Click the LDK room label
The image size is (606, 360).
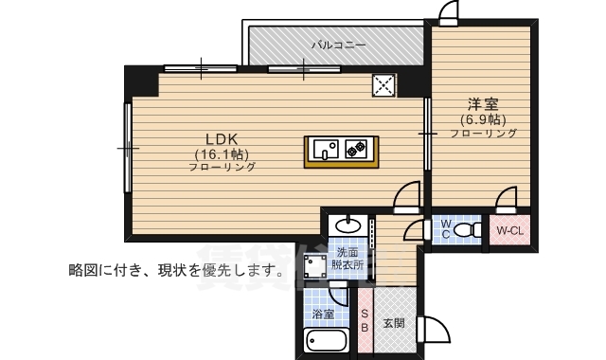pyautogui.click(x=221, y=139)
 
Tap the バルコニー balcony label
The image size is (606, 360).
pyautogui.click(x=339, y=45)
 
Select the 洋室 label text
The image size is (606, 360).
pyautogui.click(x=483, y=104)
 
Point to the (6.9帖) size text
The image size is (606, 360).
pyautogui.click(x=483, y=120)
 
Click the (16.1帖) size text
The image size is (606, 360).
pyautogui.click(x=222, y=154)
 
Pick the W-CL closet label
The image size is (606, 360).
pyautogui.click(x=509, y=231)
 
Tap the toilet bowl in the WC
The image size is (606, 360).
pyautogui.click(x=467, y=230)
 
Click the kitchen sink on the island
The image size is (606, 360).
pyautogui.click(x=326, y=149)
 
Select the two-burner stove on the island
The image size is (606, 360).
pyautogui.click(x=355, y=149)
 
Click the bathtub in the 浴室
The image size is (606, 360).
pyautogui.click(x=326, y=341)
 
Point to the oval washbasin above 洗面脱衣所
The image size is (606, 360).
pyautogui.click(x=348, y=225)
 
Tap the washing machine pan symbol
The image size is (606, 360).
pyautogui.click(x=315, y=266)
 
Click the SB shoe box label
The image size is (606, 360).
pyautogui.click(x=365, y=321)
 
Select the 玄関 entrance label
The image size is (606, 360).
pyautogui.click(x=394, y=323)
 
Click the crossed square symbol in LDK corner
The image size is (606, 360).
pyautogui.click(x=383, y=85)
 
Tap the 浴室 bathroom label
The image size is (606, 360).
pyautogui.click(x=323, y=314)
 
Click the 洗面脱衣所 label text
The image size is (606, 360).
pyautogui.click(x=348, y=259)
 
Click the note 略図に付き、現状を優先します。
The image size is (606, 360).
pyautogui.click(x=176, y=270)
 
